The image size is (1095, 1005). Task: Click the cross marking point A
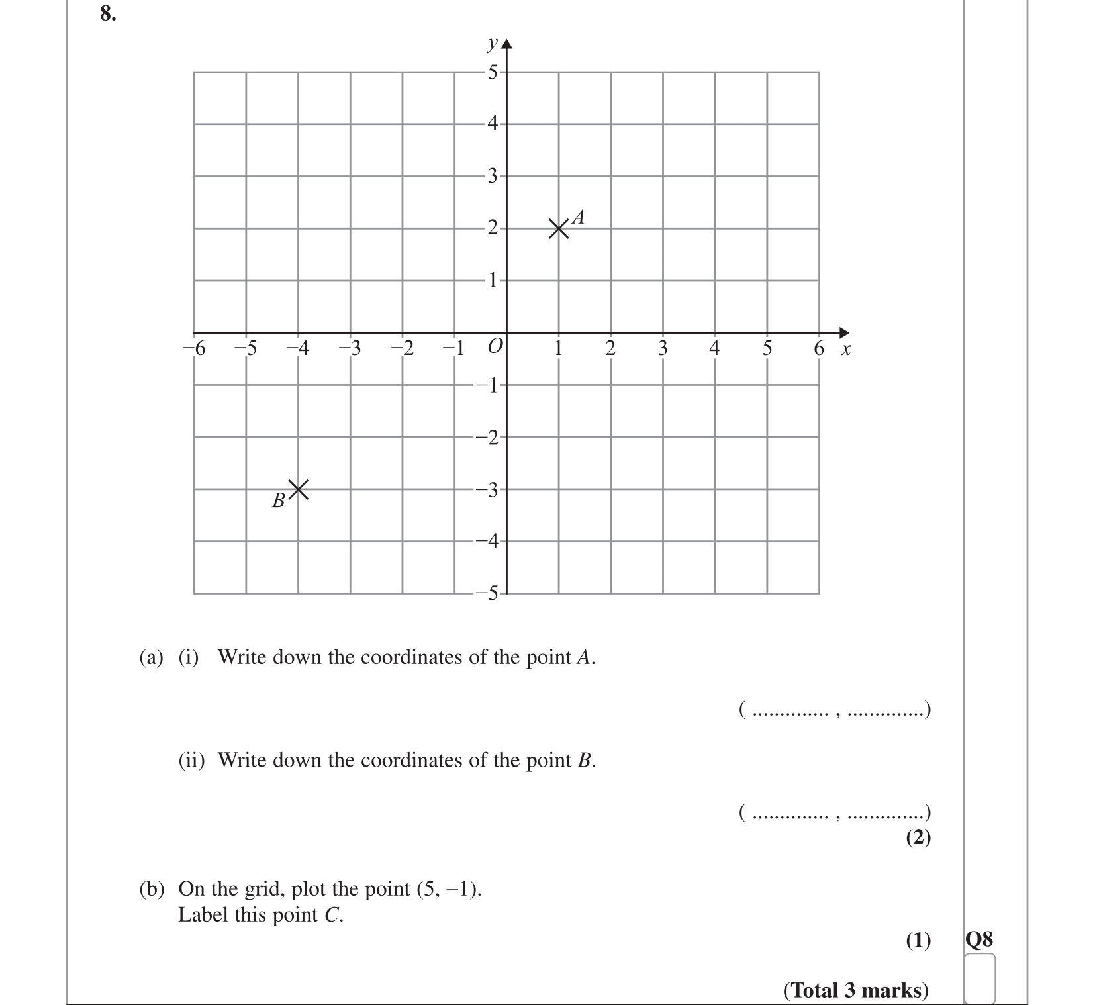(x=559, y=229)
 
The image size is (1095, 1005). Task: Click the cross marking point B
(x=298, y=489)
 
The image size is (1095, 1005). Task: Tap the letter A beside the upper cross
(x=578, y=216)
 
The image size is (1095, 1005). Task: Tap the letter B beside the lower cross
(x=279, y=501)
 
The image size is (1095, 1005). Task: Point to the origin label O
(x=494, y=346)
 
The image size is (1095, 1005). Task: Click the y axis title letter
(x=492, y=44)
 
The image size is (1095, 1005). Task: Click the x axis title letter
(x=845, y=349)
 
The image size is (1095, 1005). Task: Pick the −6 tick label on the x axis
(x=195, y=348)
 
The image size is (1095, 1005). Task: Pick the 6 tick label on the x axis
(x=819, y=348)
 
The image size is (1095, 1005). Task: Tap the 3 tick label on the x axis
(x=663, y=348)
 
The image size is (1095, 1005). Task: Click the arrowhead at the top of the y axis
(x=507, y=45)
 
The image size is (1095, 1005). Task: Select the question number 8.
(x=108, y=13)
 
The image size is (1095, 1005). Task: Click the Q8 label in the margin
(x=979, y=939)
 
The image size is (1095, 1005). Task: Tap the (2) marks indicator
(x=918, y=837)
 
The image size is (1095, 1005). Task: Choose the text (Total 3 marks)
(x=855, y=990)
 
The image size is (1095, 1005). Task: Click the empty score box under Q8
(x=980, y=978)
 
